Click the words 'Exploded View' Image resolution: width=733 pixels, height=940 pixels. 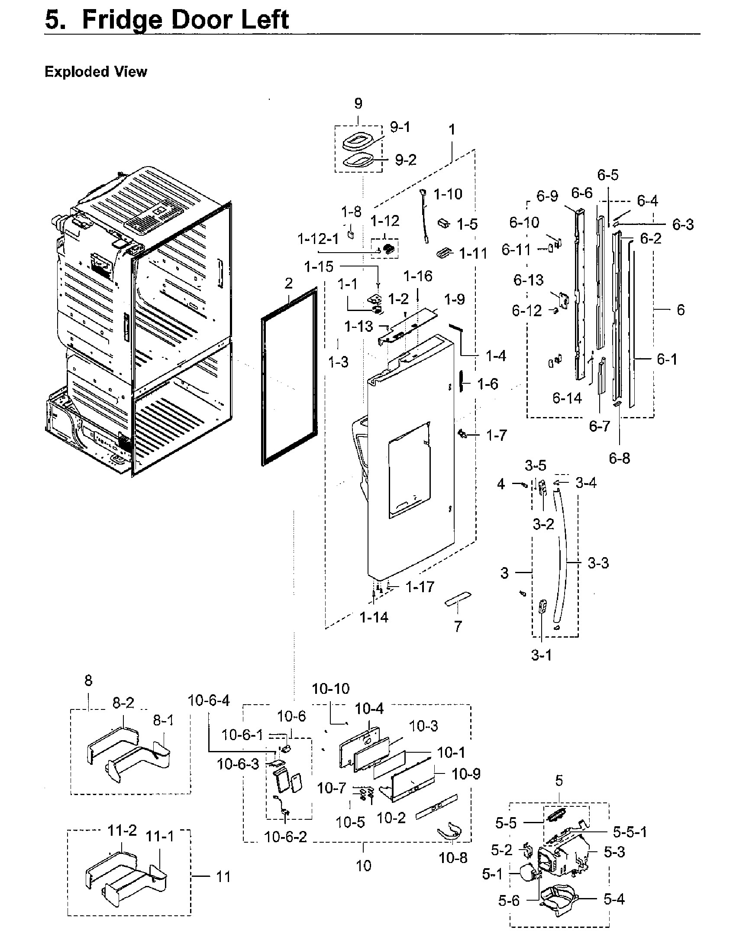[x=96, y=71]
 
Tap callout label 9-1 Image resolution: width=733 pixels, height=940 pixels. [x=400, y=127]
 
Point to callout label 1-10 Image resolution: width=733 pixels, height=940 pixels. [x=448, y=194]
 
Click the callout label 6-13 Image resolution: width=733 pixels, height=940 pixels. [x=528, y=280]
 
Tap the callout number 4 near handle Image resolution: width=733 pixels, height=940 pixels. [x=501, y=484]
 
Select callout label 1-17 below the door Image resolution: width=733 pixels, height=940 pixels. [x=420, y=587]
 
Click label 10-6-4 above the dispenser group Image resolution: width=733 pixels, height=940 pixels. [x=209, y=700]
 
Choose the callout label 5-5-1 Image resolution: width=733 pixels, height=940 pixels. [x=630, y=831]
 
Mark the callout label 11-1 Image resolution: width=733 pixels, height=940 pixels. [x=160, y=837]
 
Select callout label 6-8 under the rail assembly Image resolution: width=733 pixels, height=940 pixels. [x=619, y=458]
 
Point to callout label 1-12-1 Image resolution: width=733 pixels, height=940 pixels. [x=318, y=239]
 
